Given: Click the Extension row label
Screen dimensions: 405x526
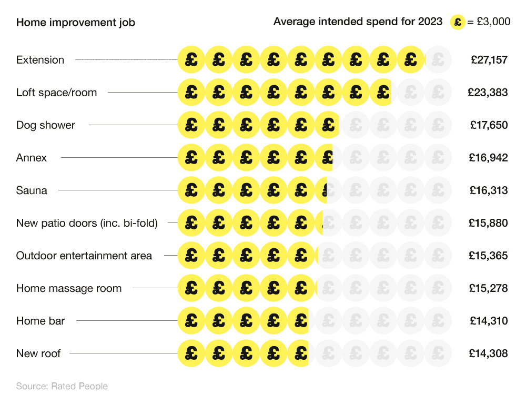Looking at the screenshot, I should tap(40, 60).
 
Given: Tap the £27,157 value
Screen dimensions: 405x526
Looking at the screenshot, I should tap(489, 60).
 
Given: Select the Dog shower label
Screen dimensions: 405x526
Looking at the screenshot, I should tap(46, 125).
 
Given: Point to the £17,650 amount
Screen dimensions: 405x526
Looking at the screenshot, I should tap(489, 125).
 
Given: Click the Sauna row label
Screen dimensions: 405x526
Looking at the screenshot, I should tap(32, 190).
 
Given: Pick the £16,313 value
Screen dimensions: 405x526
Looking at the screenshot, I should tap(489, 190).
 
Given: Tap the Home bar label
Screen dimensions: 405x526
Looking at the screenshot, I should tap(41, 321).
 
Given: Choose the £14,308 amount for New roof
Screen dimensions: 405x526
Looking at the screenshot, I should tap(489, 353).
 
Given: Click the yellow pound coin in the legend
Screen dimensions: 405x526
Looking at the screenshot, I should tap(458, 22).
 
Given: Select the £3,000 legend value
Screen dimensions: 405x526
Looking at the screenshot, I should tap(493, 22).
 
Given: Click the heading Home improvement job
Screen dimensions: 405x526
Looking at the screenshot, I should tap(75, 22).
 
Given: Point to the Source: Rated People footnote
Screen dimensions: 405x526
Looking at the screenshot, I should tap(62, 387).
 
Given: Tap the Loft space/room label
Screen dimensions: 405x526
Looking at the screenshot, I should tap(56, 93).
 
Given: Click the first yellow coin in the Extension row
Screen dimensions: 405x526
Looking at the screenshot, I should tap(191, 60).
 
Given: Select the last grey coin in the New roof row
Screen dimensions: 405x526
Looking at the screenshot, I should tap(438, 353).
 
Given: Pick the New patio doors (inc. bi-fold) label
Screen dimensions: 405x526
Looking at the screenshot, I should tap(87, 223).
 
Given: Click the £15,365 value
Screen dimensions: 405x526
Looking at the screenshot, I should tap(489, 256).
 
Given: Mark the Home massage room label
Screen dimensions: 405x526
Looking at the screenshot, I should tap(69, 288).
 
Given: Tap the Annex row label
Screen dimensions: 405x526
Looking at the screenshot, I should tap(32, 158).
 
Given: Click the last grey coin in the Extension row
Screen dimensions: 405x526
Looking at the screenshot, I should tap(438, 60).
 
